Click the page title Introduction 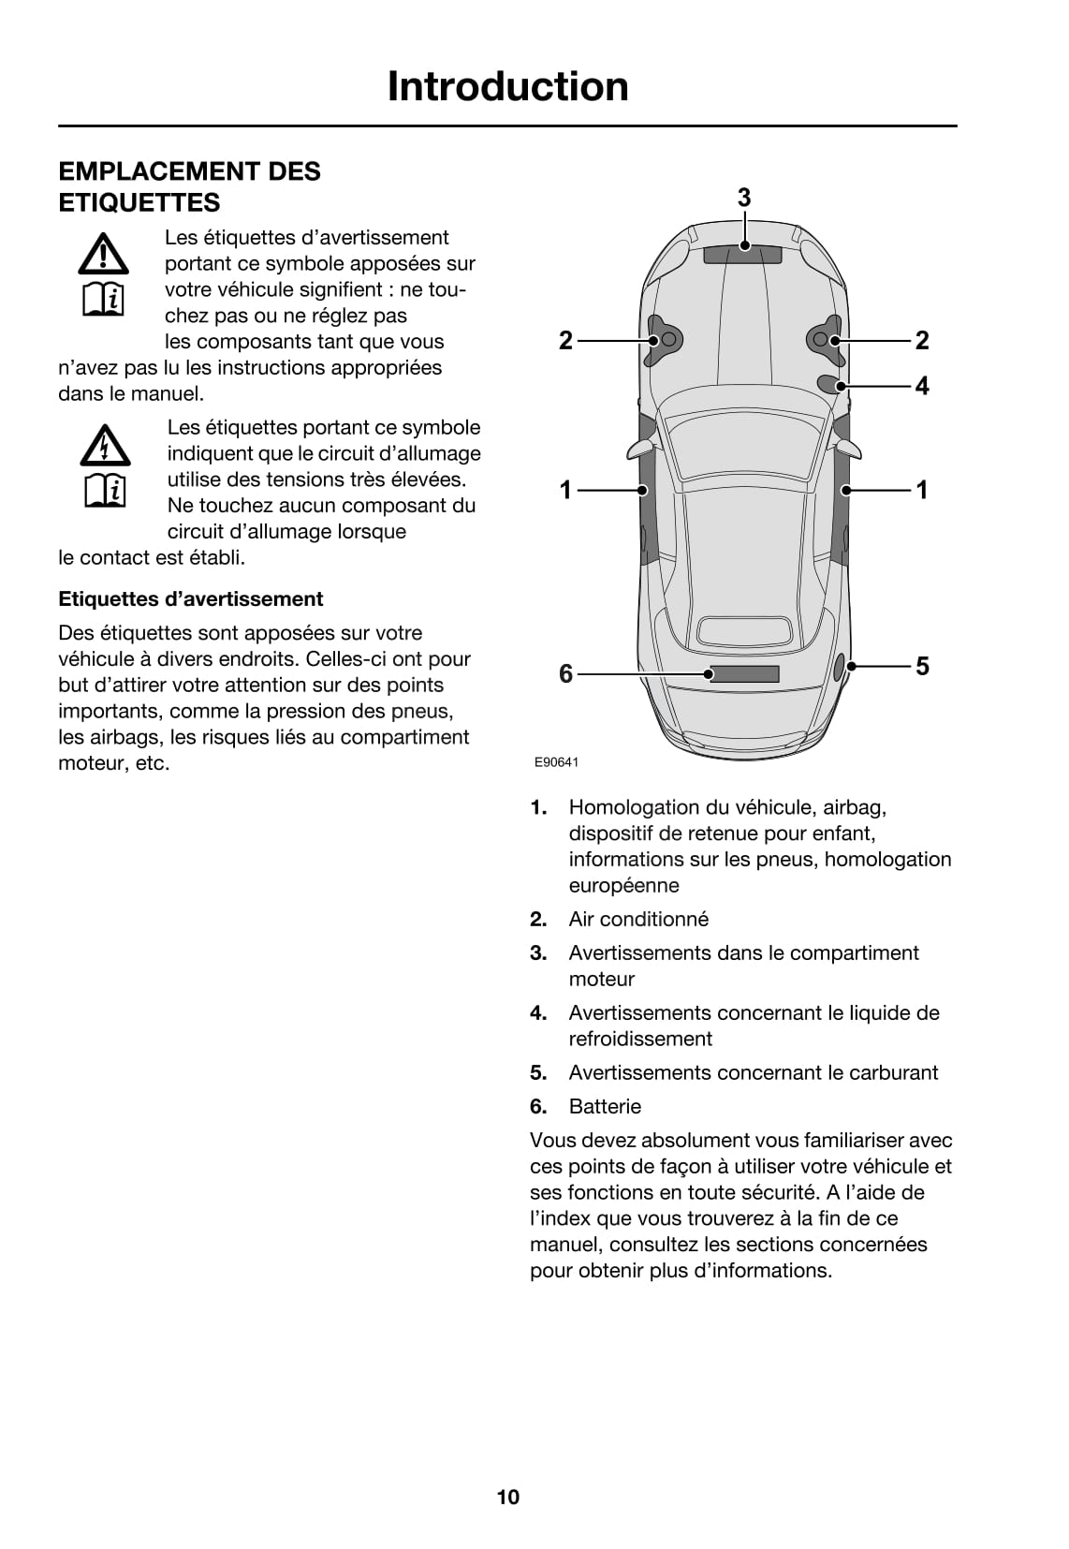[x=507, y=86]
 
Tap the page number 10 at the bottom [x=507, y=1497]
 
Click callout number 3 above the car [x=744, y=198]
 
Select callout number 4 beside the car [x=922, y=386]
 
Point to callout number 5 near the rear [x=922, y=666]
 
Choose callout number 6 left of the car [x=565, y=673]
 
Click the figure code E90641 [x=556, y=762]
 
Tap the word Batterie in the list [x=605, y=1106]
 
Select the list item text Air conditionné [x=638, y=919]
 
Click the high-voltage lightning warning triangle [x=105, y=446]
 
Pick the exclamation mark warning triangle [x=104, y=253]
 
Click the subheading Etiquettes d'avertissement [x=190, y=599]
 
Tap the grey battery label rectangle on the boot [x=744, y=673]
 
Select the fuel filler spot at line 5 [x=841, y=666]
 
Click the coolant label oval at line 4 [x=828, y=383]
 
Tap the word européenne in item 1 [x=623, y=885]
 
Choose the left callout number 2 [x=565, y=340]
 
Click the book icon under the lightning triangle [x=105, y=489]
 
